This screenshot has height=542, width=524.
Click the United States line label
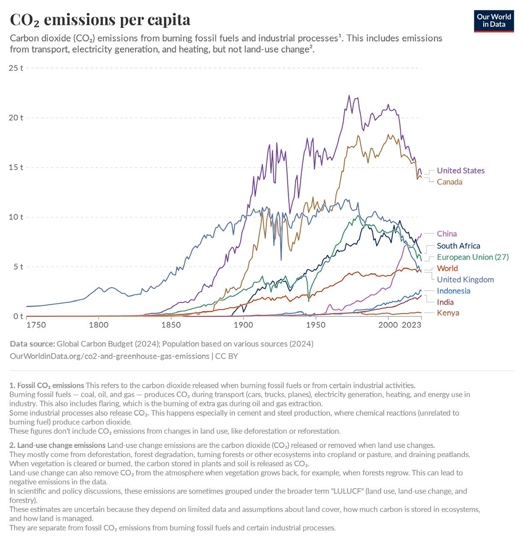(460, 171)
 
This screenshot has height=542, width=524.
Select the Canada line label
(449, 182)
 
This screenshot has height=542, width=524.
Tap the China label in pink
(447, 234)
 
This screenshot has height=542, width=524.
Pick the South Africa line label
(458, 246)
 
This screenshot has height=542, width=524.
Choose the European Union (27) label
(472, 257)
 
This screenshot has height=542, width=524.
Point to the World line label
(447, 268)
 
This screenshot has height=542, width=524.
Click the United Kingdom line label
(465, 280)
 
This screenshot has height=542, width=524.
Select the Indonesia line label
(453, 291)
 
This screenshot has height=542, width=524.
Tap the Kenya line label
(448, 313)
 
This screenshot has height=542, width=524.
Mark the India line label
(445, 302)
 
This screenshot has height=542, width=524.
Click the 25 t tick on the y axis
(16, 68)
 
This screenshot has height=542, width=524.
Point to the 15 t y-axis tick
(16, 167)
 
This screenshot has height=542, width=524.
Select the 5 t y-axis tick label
(18, 267)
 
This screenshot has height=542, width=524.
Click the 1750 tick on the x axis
(36, 325)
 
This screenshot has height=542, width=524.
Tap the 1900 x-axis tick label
(243, 325)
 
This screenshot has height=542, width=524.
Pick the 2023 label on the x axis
(412, 325)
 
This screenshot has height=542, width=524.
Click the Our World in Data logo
(494, 21)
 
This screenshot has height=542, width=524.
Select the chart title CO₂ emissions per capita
(100, 20)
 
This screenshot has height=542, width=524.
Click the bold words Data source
(32, 344)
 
